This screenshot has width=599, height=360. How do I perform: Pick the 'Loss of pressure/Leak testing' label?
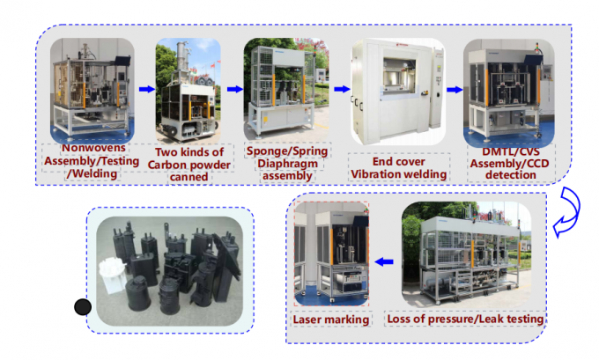click(x=467, y=320)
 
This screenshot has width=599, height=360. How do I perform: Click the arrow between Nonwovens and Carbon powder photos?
click(x=146, y=89)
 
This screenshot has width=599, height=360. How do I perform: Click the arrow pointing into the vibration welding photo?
click(x=340, y=89)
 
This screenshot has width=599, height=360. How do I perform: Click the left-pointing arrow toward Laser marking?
click(x=385, y=260)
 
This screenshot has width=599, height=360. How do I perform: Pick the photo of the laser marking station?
click(x=331, y=255)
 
